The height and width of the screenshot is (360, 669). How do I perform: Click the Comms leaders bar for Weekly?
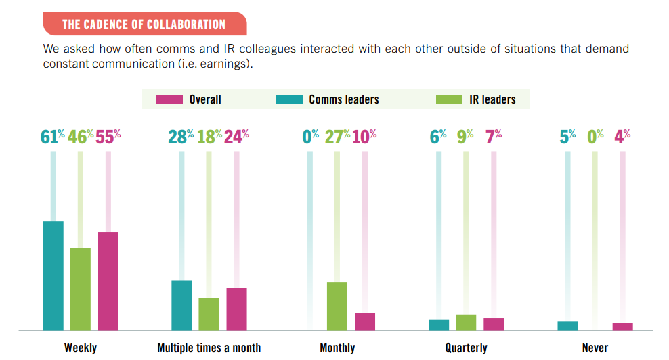click(x=53, y=275)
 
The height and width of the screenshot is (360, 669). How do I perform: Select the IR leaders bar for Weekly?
click(x=81, y=289)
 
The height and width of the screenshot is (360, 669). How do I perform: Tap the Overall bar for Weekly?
click(x=108, y=281)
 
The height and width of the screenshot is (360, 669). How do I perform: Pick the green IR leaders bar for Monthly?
click(x=337, y=306)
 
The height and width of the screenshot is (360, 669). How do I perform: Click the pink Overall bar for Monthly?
click(x=365, y=321)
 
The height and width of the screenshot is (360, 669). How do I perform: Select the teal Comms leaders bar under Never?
click(x=567, y=325)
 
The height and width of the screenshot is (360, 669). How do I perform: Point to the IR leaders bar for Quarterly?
click(x=466, y=322)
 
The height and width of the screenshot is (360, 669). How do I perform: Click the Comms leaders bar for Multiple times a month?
click(x=181, y=305)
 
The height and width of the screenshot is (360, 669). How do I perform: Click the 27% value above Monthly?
click(x=337, y=137)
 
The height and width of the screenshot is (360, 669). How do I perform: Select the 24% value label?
click(x=236, y=137)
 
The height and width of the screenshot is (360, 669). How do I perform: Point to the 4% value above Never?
click(x=622, y=137)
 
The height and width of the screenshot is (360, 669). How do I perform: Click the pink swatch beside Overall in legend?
click(x=169, y=99)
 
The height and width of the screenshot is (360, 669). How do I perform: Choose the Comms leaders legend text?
click(x=344, y=99)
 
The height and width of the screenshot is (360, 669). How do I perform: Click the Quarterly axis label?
click(x=466, y=348)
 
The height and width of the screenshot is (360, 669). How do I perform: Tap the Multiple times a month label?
click(x=209, y=348)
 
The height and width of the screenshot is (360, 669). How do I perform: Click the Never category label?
click(x=595, y=348)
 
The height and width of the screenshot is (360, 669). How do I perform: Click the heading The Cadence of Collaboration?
click(x=144, y=25)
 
